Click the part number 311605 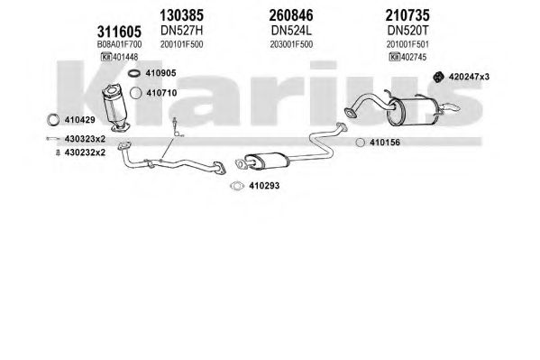pyautogui.click(x=119, y=32)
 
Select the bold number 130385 pyautogui.click(x=181, y=15)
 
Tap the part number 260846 pyautogui.click(x=291, y=15)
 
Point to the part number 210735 pyautogui.click(x=407, y=15)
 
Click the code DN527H pyautogui.click(x=181, y=31)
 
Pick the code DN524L pyautogui.click(x=291, y=31)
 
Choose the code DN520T pyautogui.click(x=407, y=31)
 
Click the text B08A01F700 pyautogui.click(x=119, y=44)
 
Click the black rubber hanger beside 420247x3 pyautogui.click(x=438, y=77)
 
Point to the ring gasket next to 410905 pyautogui.click(x=134, y=73)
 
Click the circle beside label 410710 pyautogui.click(x=136, y=93)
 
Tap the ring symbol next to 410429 pyautogui.click(x=52, y=120)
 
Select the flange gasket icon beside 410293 pyautogui.click(x=237, y=186)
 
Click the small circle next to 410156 pyautogui.click(x=360, y=142)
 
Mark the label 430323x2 pyautogui.click(x=85, y=139)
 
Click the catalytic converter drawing pyautogui.click(x=116, y=107)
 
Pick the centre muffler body pyautogui.click(x=267, y=161)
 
